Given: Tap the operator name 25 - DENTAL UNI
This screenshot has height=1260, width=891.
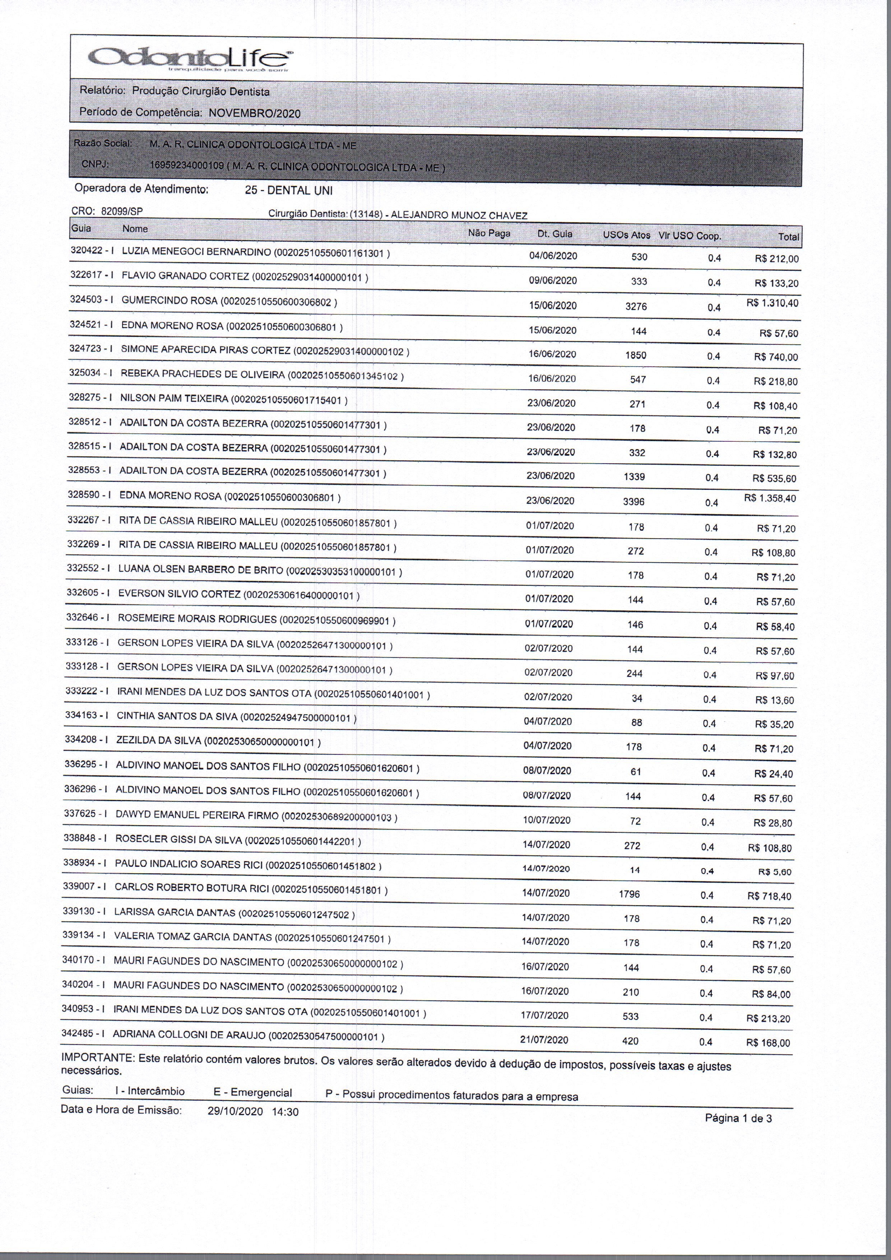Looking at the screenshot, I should pos(288,190).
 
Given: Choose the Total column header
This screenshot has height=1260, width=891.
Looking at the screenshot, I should pos(788,237).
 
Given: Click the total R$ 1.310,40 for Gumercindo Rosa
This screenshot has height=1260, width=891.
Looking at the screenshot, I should pos(772,303).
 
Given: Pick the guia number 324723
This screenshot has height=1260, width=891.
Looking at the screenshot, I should pos(84,348).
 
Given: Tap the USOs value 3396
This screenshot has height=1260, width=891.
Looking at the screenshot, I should pos(634,502).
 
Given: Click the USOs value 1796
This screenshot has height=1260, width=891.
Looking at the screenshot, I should pos(629,894).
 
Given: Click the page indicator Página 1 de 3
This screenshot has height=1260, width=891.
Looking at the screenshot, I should pos(738,1118).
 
